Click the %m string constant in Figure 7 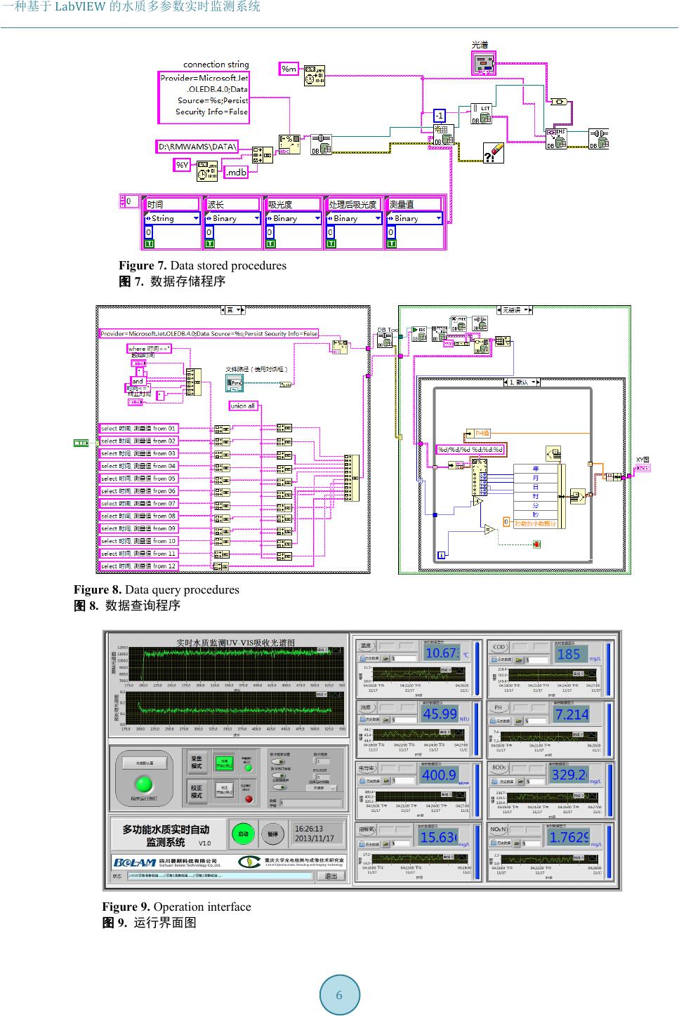click(x=289, y=69)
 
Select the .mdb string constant click(x=236, y=172)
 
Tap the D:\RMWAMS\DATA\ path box click(x=197, y=147)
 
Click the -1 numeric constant click(x=439, y=115)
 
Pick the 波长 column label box click(x=232, y=204)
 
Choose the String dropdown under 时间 click(x=171, y=218)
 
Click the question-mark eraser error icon click(x=493, y=152)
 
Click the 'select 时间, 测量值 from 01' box click(x=138, y=429)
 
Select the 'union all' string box click(x=243, y=406)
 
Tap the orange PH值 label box click(x=482, y=434)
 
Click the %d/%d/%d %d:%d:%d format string click(x=470, y=450)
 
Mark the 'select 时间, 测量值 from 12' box click(x=138, y=566)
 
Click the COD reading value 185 click(x=568, y=654)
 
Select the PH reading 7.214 click(x=570, y=714)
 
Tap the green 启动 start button click(x=243, y=834)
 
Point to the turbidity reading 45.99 click(x=440, y=714)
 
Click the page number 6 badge click(x=339, y=995)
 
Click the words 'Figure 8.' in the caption click(x=98, y=589)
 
